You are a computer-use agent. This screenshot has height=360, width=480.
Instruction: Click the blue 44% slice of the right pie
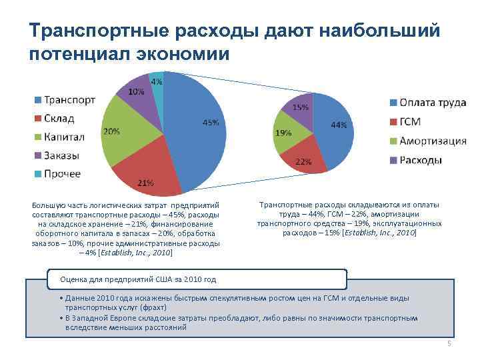pos(333,130)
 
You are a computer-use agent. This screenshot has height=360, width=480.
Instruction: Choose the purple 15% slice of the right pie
pos(299,110)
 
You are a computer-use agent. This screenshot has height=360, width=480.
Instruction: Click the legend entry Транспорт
pos(65,100)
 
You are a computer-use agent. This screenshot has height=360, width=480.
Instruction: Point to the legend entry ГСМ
pos(413,122)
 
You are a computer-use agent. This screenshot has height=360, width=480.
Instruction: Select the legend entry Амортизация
pos(431,141)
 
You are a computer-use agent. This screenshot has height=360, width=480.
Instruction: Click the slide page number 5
pos(449,344)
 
